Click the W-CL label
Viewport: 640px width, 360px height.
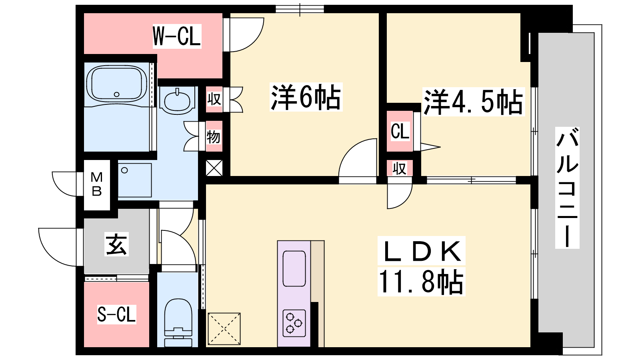pyautogui.click(x=177, y=36)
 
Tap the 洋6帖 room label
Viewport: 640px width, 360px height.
pyautogui.click(x=306, y=97)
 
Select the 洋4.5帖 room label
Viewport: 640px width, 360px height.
pyautogui.click(x=473, y=102)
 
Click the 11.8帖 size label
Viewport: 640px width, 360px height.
pyautogui.click(x=421, y=282)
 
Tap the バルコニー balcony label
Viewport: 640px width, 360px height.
pyautogui.click(x=567, y=188)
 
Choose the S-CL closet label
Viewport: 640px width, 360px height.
pyautogui.click(x=116, y=314)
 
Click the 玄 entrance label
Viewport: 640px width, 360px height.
pyautogui.click(x=116, y=244)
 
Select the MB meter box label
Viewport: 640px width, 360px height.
pyautogui.click(x=96, y=184)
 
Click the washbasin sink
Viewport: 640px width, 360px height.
pyautogui.click(x=177, y=100)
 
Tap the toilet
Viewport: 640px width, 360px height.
pyautogui.click(x=178, y=322)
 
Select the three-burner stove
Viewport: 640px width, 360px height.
pyautogui.click(x=294, y=323)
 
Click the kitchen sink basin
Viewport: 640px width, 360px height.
pyautogui.click(x=294, y=268)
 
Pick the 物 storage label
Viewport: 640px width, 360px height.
pyautogui.click(x=214, y=136)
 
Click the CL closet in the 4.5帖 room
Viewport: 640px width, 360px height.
pyautogui.click(x=400, y=131)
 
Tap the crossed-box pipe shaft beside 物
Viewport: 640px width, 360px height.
pyautogui.click(x=214, y=168)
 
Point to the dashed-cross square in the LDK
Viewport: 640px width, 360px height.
pyautogui.click(x=224, y=329)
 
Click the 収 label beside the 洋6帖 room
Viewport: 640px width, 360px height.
pyautogui.click(x=214, y=99)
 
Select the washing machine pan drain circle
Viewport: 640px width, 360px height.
pyautogui.click(x=124, y=170)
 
